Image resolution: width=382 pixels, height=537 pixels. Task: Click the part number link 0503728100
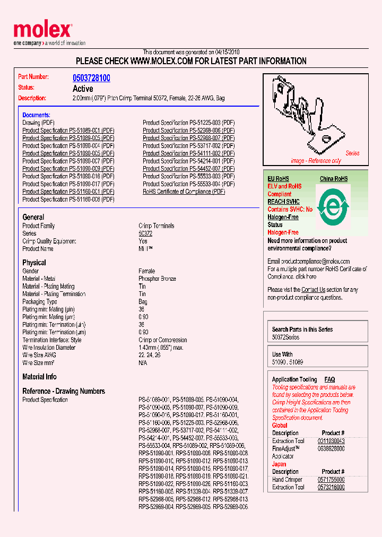pos(91,78)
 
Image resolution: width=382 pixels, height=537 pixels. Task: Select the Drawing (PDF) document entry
pos(38,123)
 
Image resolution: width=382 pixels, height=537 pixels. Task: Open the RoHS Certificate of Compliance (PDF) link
pos(184,192)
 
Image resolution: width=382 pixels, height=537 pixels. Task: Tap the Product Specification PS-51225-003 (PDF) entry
pos(188,123)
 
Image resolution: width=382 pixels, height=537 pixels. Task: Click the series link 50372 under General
pos(145,233)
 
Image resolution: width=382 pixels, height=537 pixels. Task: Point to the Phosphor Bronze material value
pos(157,279)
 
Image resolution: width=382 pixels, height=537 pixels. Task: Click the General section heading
pos(33,217)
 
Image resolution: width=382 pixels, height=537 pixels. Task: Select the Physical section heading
pos(34,263)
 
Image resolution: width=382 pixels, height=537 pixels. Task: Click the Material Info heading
pos(39,377)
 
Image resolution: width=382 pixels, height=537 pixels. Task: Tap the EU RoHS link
pos(278,179)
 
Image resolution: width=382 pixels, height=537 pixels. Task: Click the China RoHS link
pos(334,179)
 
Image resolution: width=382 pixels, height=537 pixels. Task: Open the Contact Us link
pos(313,290)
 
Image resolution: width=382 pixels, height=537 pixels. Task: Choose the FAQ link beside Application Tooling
pos(329,379)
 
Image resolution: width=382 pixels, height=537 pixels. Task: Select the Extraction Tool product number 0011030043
pos(331,441)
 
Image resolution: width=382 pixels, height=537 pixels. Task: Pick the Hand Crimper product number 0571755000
pos(331,479)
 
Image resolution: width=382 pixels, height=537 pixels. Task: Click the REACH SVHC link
pos(283,202)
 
